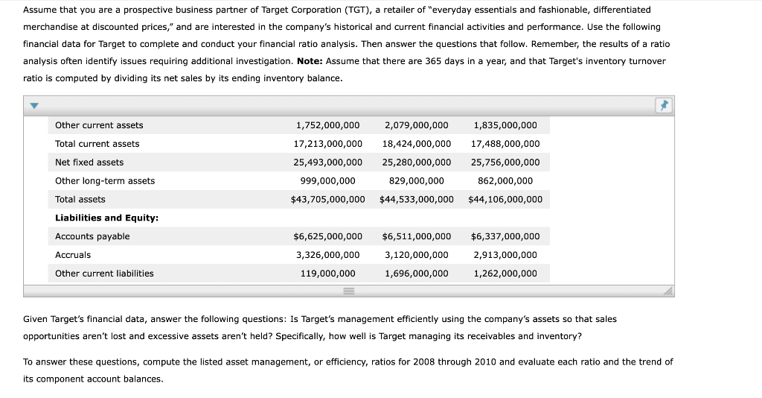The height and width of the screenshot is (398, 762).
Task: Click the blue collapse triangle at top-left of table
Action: click(x=33, y=106)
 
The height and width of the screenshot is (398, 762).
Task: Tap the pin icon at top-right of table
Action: click(x=662, y=106)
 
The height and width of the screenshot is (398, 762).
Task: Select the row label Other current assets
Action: click(x=99, y=125)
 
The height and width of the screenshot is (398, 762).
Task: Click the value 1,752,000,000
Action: click(x=327, y=125)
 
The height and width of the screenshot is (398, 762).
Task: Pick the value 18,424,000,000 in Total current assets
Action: click(x=416, y=144)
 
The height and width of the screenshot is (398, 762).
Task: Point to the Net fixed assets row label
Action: click(x=89, y=162)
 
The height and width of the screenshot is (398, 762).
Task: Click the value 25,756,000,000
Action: click(x=505, y=162)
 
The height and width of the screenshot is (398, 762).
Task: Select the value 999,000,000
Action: click(x=327, y=181)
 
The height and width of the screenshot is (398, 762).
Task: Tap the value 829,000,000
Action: click(x=416, y=181)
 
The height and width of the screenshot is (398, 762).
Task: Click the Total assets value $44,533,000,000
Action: click(x=416, y=200)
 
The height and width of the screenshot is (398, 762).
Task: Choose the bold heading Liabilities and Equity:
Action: click(x=106, y=218)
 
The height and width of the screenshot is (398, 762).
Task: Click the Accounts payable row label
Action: click(x=92, y=236)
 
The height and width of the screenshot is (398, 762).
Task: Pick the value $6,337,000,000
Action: click(x=505, y=236)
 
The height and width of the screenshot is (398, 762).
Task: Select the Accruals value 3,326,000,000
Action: click(x=327, y=255)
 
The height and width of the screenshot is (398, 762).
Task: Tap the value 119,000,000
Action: click(x=327, y=274)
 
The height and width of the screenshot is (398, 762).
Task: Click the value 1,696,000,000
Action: click(x=416, y=274)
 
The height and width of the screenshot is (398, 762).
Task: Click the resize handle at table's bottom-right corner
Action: click(x=667, y=291)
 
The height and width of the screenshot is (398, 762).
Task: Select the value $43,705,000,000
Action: click(x=327, y=200)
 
